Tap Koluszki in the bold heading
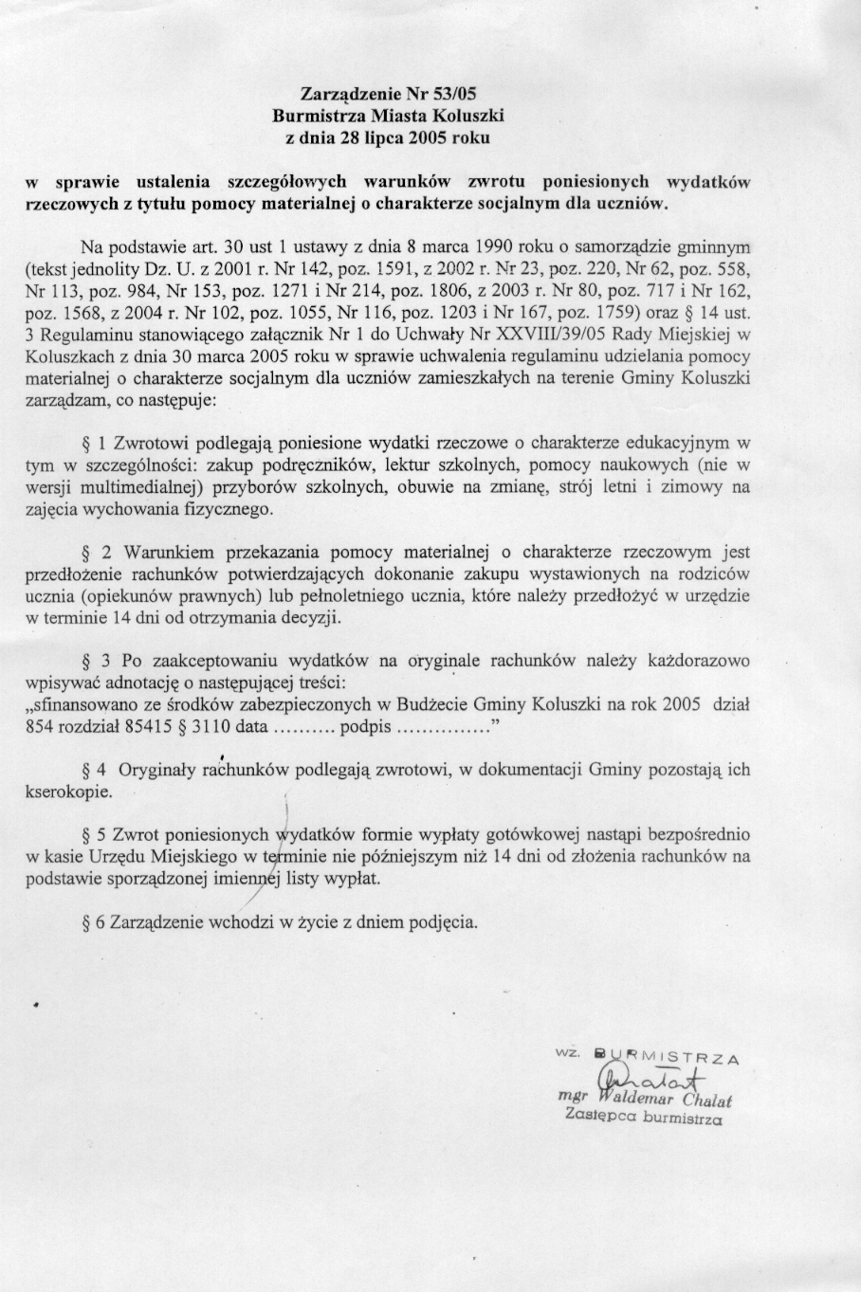[467, 116]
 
